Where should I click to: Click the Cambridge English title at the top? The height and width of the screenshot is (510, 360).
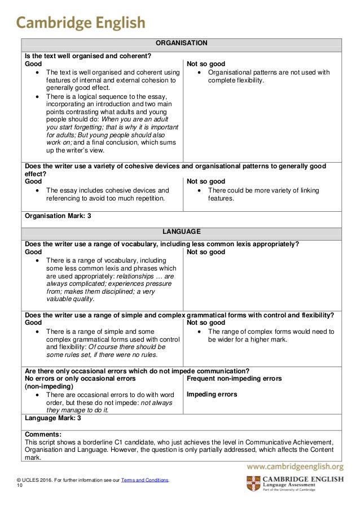tap(81, 23)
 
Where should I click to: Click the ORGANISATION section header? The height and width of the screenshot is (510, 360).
tap(181, 43)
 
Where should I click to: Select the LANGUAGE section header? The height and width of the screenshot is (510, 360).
tap(181, 232)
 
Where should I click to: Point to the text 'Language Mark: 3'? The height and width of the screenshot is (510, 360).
tap(54, 419)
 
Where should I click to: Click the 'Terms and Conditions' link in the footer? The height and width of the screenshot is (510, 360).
tap(145, 480)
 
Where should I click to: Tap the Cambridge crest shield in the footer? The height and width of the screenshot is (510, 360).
tap(253, 485)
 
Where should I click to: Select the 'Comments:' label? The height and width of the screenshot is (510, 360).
tap(44, 434)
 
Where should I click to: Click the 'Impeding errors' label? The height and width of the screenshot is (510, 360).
tap(212, 394)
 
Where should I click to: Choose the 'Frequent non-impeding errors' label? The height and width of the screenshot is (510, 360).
tap(234, 378)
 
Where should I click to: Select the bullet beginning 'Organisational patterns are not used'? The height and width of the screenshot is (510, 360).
tap(268, 76)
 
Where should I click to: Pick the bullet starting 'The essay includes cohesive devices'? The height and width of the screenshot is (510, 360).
tap(107, 194)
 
